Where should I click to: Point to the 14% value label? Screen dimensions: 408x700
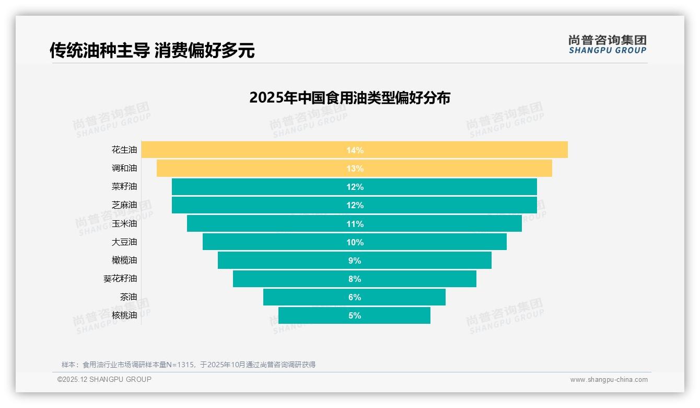click(355, 150)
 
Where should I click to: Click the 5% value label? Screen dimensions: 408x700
click(355, 315)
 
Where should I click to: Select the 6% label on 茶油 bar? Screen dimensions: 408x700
click(355, 297)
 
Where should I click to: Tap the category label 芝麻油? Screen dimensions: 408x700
click(124, 205)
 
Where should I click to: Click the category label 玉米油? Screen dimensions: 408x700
click(124, 223)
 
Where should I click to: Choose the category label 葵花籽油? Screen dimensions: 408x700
click(120, 279)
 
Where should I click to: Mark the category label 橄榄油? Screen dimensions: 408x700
click(124, 260)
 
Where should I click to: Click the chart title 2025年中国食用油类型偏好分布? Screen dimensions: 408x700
click(349, 98)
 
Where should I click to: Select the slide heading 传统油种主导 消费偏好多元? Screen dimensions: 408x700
click(152, 50)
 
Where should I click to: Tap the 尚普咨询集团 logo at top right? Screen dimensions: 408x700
click(607, 44)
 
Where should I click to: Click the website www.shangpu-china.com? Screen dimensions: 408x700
click(609, 380)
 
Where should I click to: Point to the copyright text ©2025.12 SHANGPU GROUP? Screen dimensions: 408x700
click(104, 379)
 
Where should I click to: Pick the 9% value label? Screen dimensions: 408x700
click(355, 260)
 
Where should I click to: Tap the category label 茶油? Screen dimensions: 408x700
click(129, 297)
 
